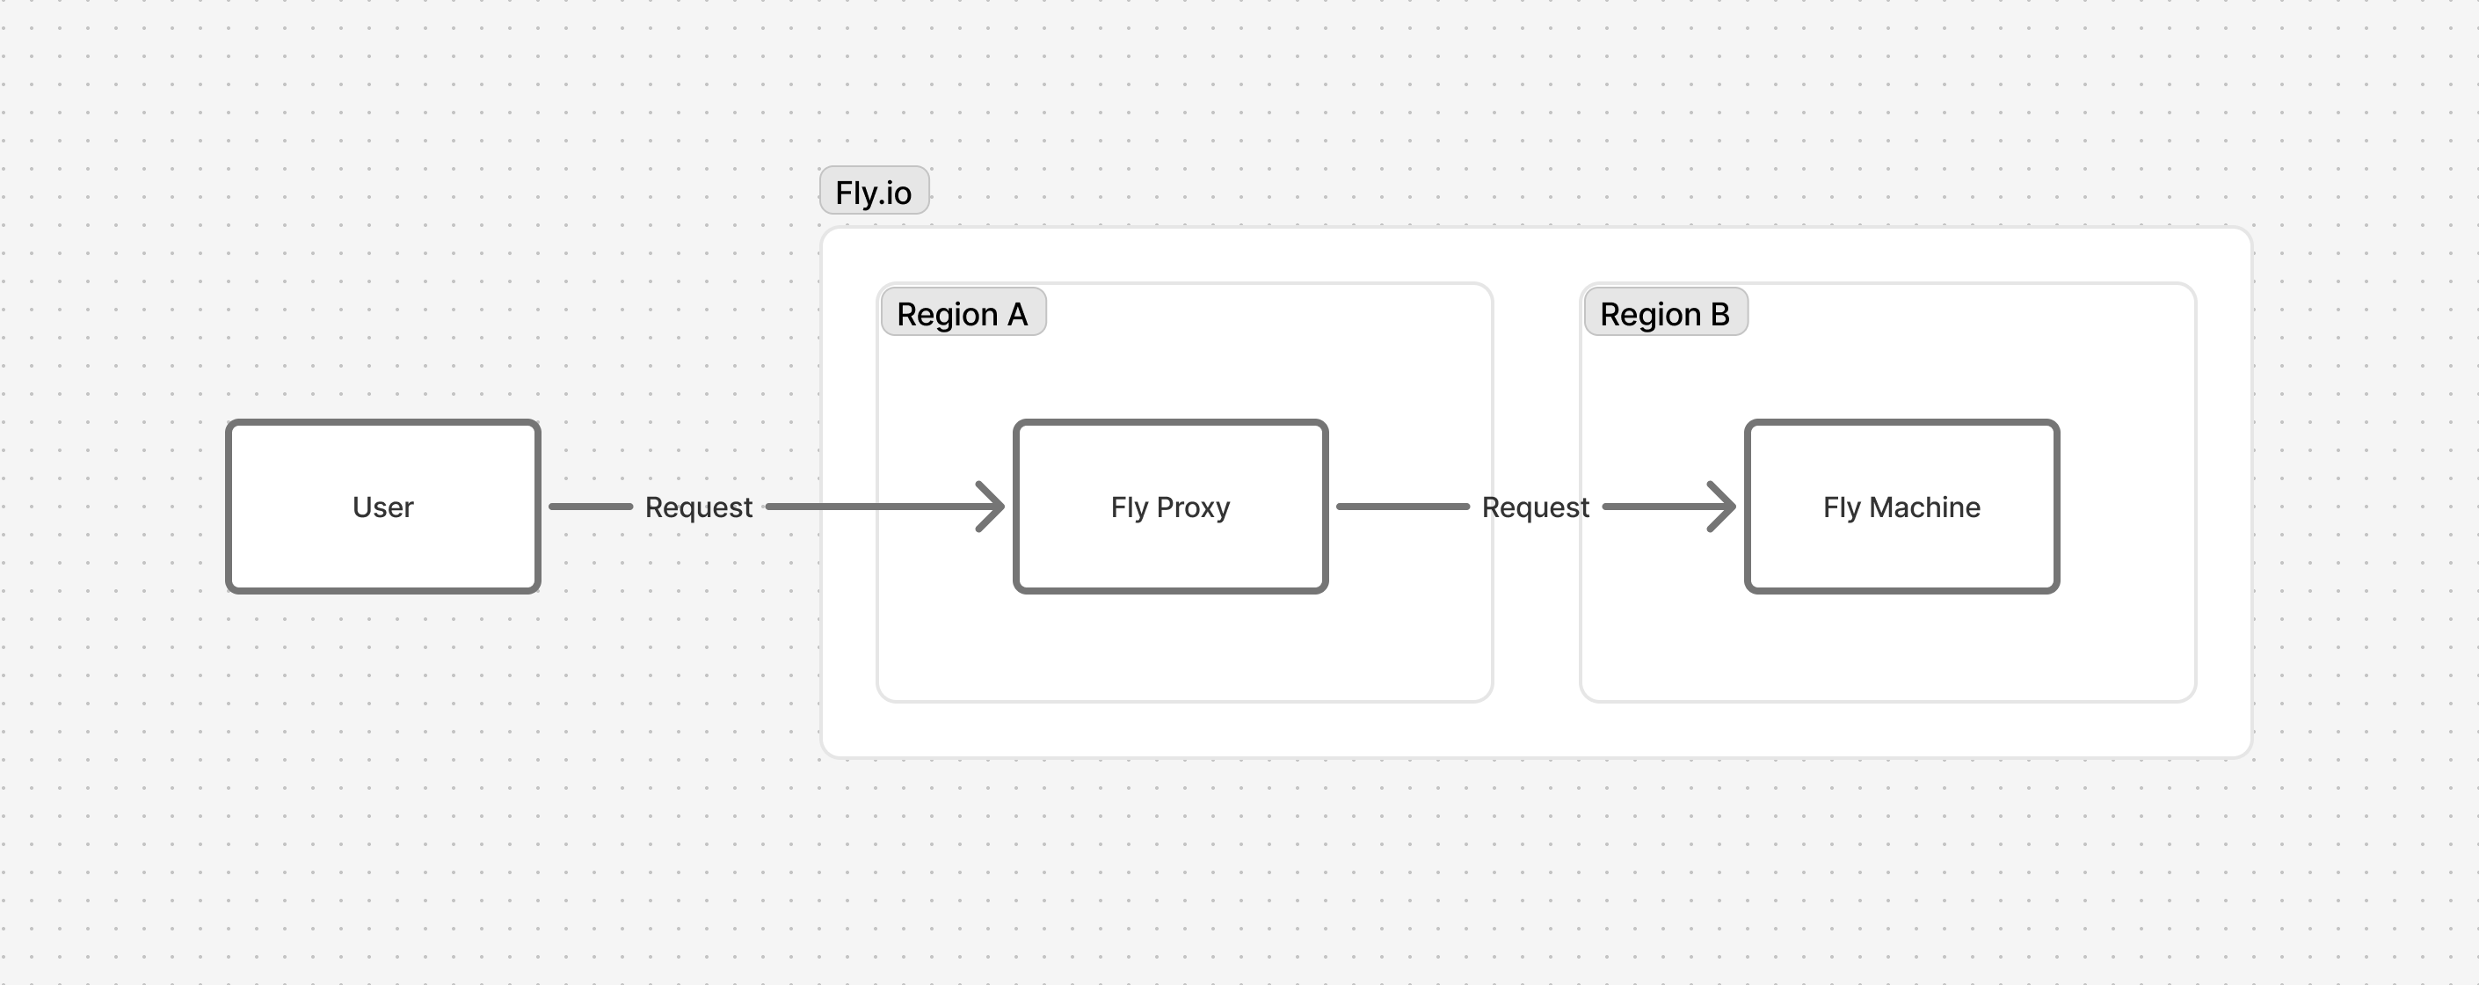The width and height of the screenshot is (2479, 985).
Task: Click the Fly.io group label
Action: coord(874,192)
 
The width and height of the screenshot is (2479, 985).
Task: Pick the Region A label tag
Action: coord(963,314)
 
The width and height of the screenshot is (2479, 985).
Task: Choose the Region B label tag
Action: coord(1665,314)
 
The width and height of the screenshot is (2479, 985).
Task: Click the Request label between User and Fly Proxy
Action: coord(699,507)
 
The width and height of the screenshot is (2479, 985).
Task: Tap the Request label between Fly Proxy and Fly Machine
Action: coord(1535,507)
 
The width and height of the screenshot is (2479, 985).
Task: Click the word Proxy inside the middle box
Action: coord(1193,507)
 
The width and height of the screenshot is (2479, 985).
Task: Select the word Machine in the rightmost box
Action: coord(1924,507)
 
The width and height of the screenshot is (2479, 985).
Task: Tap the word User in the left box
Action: coord(383,507)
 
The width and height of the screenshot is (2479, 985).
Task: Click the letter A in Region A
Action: coord(1017,314)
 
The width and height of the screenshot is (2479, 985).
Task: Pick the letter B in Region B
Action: coord(1719,314)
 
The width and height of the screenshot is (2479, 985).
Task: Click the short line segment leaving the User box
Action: coord(590,507)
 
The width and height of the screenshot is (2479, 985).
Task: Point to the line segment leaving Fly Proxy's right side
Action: coord(1402,507)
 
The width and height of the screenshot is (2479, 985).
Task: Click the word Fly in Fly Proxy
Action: coord(1130,507)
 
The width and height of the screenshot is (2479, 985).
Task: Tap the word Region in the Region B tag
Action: coord(1650,315)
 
